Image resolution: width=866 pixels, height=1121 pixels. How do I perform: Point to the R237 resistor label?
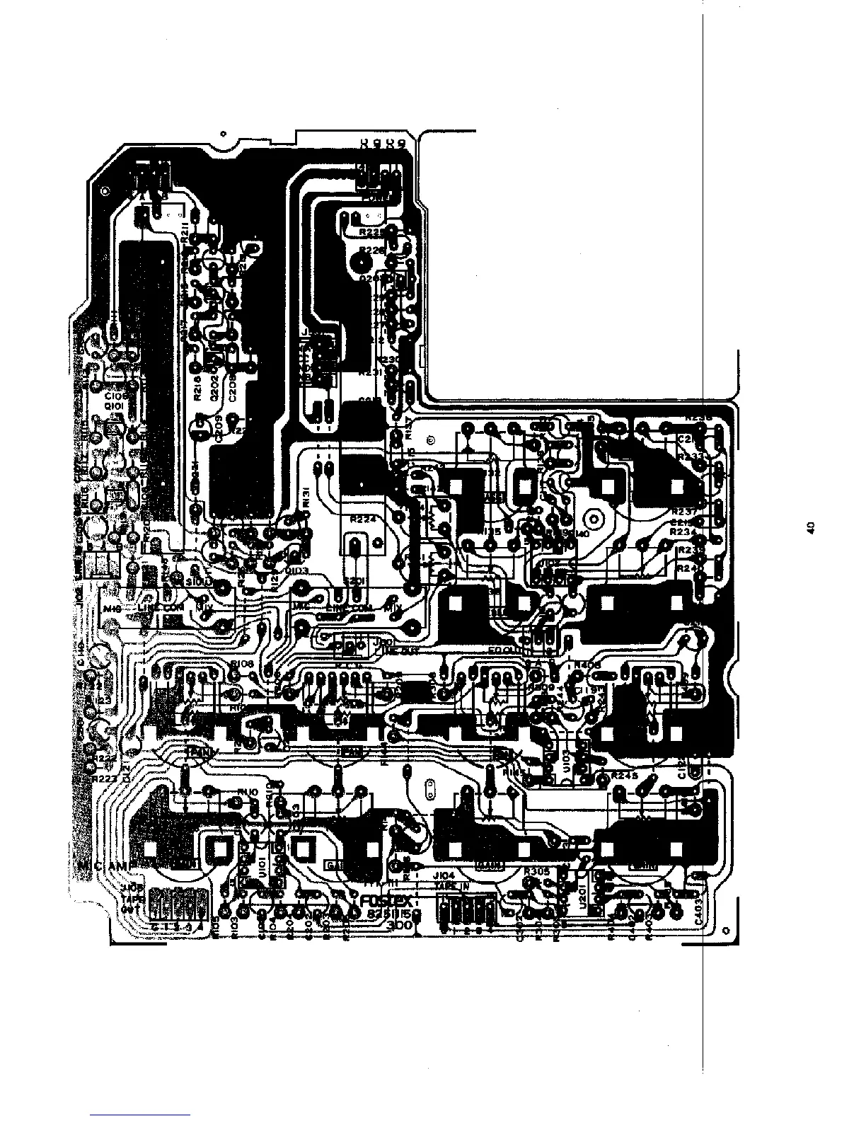[686, 511]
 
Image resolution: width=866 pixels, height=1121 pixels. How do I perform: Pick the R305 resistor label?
[538, 872]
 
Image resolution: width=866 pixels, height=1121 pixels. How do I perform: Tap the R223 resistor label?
[107, 778]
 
